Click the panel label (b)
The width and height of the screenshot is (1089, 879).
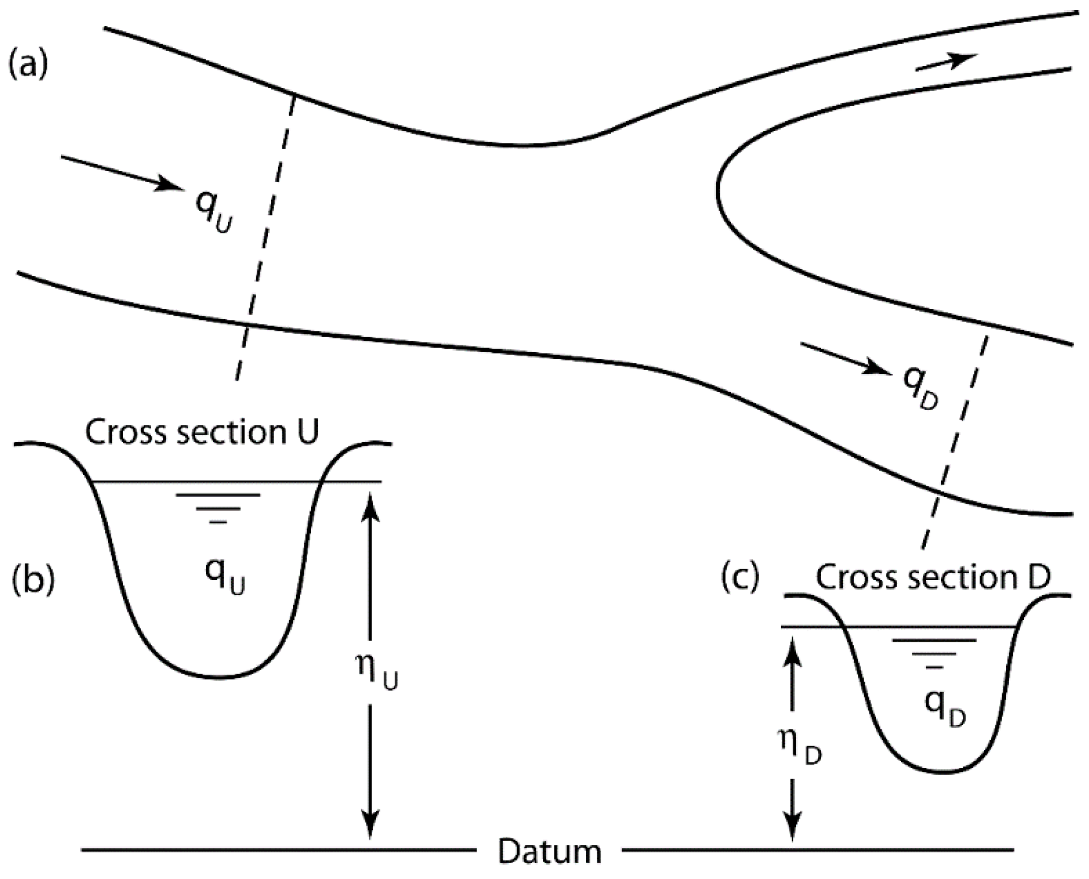point(33,580)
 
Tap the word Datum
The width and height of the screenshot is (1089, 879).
point(549,851)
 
